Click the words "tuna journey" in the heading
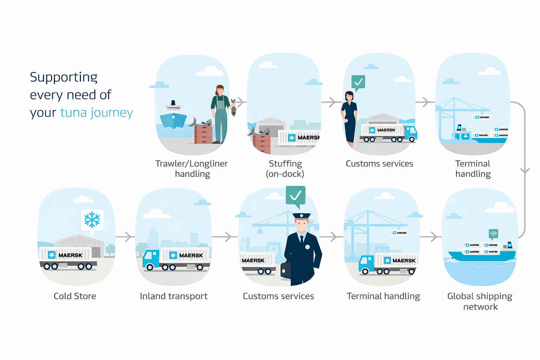[x=96, y=113]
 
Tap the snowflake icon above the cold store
[x=92, y=220]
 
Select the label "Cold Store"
[x=75, y=296]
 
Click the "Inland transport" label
[x=174, y=296]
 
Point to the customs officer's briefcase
[x=285, y=270]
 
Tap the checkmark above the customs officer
[x=295, y=195]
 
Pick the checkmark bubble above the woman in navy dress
[x=358, y=82]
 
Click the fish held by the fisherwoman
[x=233, y=108]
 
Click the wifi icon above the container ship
[x=494, y=234]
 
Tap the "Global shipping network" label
[x=480, y=301]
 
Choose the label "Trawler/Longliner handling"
[x=192, y=169]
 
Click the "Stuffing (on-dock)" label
[x=285, y=169]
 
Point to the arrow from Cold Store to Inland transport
[x=126, y=237]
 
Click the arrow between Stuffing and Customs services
[x=331, y=102]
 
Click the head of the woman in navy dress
[x=349, y=96]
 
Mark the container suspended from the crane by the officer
[x=260, y=231]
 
